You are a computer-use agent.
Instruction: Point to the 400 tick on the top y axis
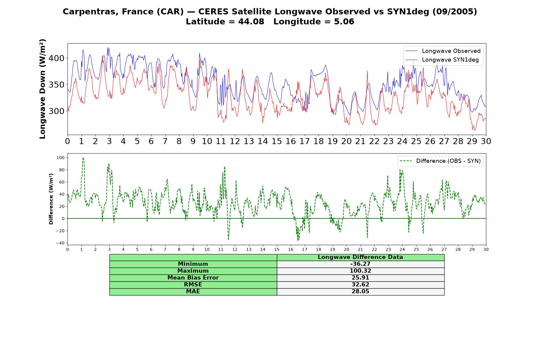pyautogui.click(x=56, y=58)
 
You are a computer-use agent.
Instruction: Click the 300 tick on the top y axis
pyautogui.click(x=56, y=111)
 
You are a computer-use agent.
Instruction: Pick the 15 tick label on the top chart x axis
pyautogui.click(x=277, y=141)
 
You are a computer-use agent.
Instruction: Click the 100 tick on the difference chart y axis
pyautogui.click(x=61, y=158)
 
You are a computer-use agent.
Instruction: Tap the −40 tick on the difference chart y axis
pyautogui.click(x=60, y=243)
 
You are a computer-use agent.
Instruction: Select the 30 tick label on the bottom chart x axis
pyautogui.click(x=486, y=250)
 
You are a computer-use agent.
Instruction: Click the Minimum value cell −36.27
pyautogui.click(x=360, y=264)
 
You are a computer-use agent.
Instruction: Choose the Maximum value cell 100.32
pyautogui.click(x=360, y=271)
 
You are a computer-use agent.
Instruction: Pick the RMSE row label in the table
pyautogui.click(x=193, y=285)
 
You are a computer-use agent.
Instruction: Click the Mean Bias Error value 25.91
pyautogui.click(x=360, y=278)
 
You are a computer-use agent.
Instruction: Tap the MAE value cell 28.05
pyautogui.click(x=360, y=292)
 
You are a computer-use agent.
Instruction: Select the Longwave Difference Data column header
pyautogui.click(x=360, y=257)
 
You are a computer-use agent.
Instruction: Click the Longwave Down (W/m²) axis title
pyautogui.click(x=43, y=89)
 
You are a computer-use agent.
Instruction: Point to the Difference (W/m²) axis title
pyautogui.click(x=51, y=199)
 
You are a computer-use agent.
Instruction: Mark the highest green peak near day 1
pyautogui.click(x=83, y=158)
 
